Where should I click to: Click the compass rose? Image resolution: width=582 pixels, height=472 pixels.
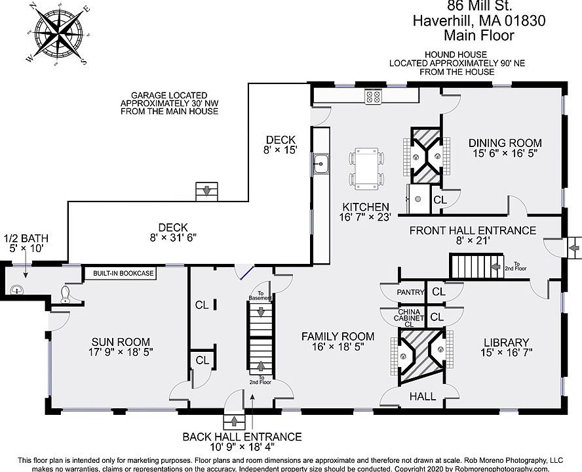57,33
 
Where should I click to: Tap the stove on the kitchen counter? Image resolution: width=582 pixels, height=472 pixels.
374,97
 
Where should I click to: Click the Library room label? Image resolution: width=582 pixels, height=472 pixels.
506,347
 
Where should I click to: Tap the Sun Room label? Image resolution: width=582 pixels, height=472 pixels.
121,347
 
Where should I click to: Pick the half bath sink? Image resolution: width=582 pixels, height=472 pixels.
18,289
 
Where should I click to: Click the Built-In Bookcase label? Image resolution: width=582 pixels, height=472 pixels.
119,273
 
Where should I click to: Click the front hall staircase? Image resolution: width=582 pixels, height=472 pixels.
473,267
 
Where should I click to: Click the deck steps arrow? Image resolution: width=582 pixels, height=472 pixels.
207,192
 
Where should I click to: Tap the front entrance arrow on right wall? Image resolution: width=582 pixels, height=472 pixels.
574,247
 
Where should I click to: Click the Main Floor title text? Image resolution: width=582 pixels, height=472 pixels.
479,36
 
